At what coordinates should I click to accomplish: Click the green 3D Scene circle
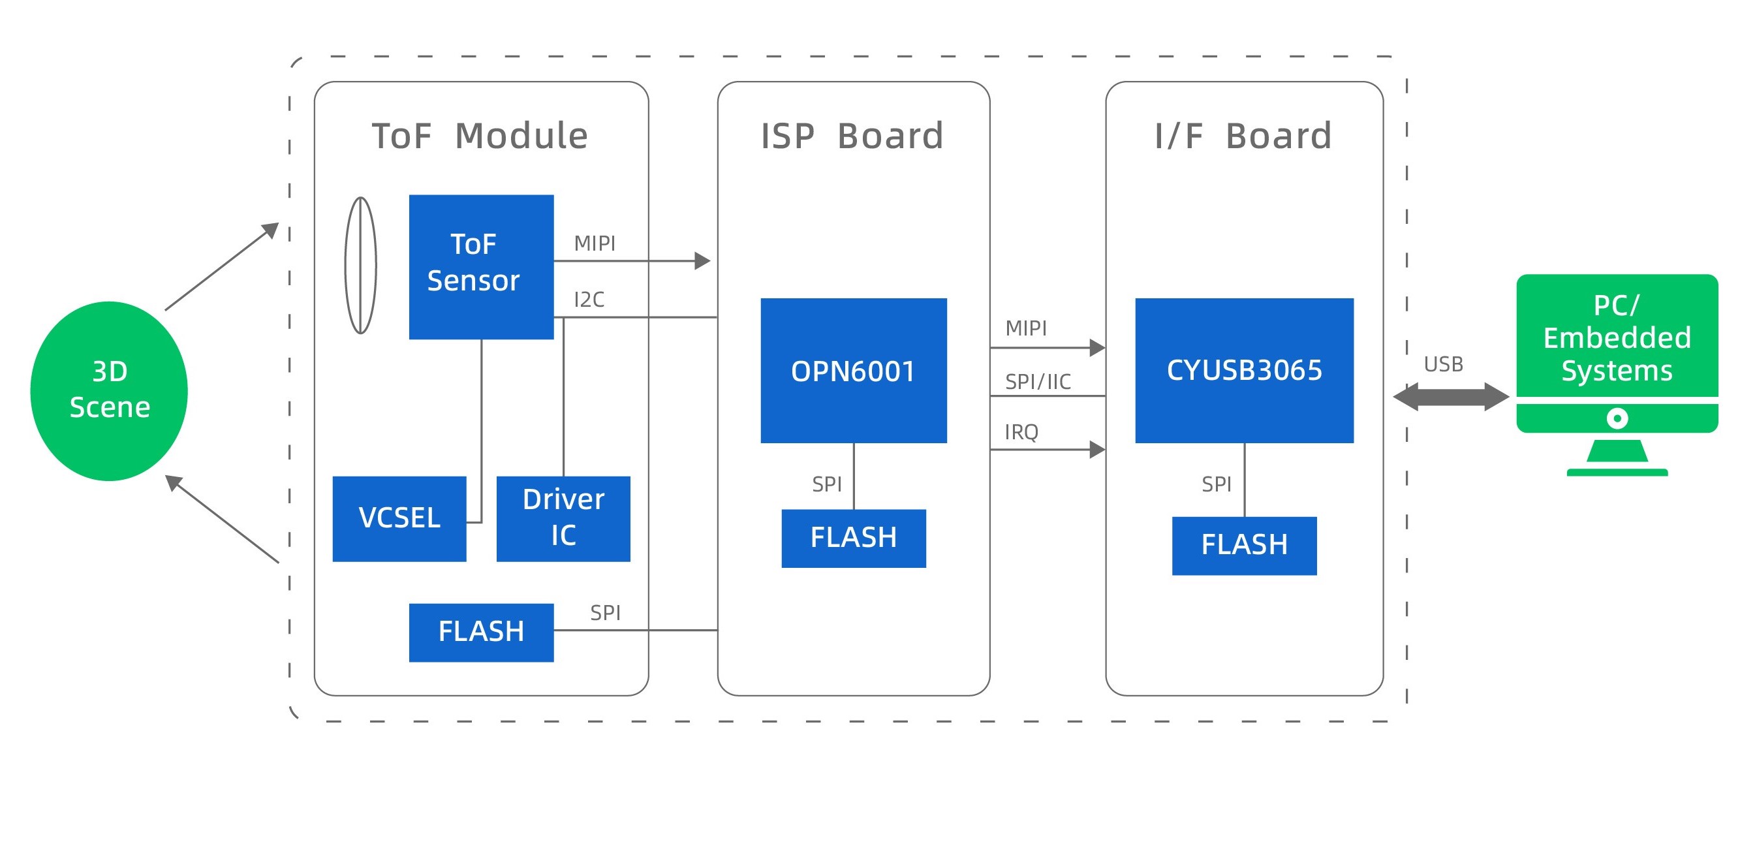click(109, 390)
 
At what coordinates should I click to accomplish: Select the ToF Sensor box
click(481, 266)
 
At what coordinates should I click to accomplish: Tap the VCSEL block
click(399, 518)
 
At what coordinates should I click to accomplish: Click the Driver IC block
click(563, 518)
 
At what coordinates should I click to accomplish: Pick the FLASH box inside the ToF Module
click(481, 632)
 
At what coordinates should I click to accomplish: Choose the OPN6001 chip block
click(853, 371)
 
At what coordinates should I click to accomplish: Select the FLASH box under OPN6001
click(853, 538)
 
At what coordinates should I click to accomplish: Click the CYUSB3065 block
click(1244, 371)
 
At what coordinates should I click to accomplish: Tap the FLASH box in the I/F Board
click(1244, 546)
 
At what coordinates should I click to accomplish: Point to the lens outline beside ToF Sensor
click(360, 265)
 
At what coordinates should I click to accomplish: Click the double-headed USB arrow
click(1450, 396)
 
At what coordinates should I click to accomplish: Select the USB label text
click(1443, 364)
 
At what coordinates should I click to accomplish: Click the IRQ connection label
click(1021, 432)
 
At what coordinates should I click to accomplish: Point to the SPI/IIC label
click(1038, 381)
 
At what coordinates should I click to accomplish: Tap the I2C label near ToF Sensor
click(589, 300)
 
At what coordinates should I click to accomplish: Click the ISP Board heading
click(852, 136)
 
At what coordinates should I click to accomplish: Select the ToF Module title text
click(480, 136)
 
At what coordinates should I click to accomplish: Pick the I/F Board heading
click(1243, 136)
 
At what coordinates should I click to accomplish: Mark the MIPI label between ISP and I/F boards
click(1026, 328)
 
